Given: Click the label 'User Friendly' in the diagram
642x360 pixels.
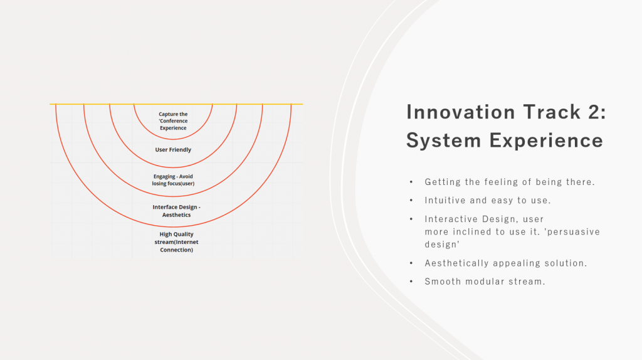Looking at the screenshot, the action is [x=173, y=150].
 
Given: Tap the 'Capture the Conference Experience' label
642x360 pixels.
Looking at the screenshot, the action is [x=173, y=121].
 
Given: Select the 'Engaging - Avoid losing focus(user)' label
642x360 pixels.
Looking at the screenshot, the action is [x=173, y=180].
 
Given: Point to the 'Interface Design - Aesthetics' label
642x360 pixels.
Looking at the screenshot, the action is [x=176, y=211].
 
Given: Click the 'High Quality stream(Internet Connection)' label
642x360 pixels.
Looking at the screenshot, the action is [x=176, y=242].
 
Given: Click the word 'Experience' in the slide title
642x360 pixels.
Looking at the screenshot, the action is [x=546, y=140].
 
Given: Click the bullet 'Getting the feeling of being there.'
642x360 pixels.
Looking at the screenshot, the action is [x=509, y=182].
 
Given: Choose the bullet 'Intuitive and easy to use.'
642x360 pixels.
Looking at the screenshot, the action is [x=488, y=200].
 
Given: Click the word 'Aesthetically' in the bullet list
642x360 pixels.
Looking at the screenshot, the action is [x=456, y=263].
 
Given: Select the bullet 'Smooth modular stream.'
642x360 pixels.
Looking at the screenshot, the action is [x=485, y=282].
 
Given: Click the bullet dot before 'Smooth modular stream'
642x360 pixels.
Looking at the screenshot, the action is [x=411, y=282].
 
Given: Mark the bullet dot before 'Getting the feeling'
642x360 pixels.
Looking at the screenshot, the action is [x=411, y=182].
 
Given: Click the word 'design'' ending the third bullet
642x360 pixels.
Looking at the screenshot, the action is [x=442, y=245].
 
